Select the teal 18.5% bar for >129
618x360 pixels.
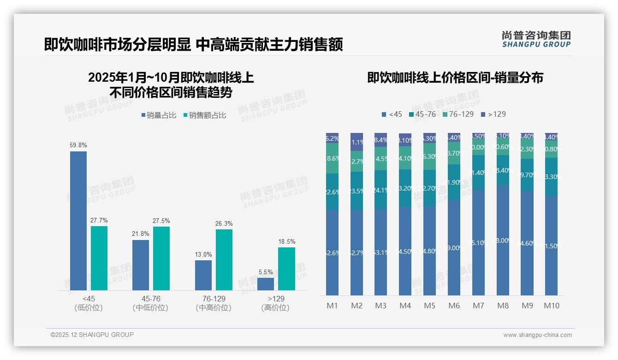[x=286, y=269]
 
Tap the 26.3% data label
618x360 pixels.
[x=224, y=224]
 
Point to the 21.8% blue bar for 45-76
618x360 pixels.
[x=141, y=265]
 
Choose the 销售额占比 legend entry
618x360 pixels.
[x=205, y=115]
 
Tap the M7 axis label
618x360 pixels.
[x=478, y=306]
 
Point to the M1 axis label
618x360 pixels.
[x=332, y=306]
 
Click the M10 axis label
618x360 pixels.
[x=551, y=306]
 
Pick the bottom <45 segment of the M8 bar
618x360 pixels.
[x=503, y=240]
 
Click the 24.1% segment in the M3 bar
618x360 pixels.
[x=381, y=190]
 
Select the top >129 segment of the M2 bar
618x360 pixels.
[x=357, y=142]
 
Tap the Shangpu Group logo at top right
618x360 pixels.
[x=536, y=39]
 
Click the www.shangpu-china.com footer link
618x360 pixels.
[x=537, y=335]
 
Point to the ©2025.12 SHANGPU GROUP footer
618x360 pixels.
[x=92, y=335]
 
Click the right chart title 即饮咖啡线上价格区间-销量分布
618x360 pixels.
[x=455, y=78]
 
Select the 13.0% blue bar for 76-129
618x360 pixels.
[x=203, y=275]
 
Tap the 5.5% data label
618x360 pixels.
[x=266, y=272]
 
